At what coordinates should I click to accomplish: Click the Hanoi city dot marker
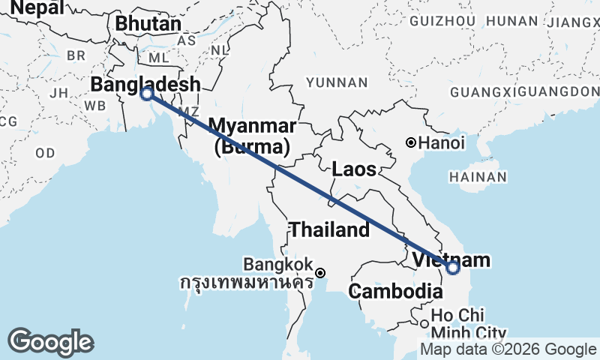point(410,142)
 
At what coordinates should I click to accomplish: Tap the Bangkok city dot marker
point(320,273)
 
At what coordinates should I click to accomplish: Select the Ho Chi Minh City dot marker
point(425,324)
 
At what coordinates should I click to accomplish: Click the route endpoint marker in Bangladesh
point(147,94)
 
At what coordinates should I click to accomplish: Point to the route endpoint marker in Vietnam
point(452,267)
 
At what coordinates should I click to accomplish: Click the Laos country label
point(354,169)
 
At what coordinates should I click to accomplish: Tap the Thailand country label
point(330,230)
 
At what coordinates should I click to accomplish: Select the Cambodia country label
point(397,291)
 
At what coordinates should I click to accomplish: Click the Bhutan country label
point(148,23)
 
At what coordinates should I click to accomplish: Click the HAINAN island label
point(478,177)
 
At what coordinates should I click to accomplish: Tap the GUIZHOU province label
point(443,20)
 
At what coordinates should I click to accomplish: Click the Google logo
point(49,342)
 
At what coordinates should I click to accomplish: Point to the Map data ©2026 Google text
point(508,349)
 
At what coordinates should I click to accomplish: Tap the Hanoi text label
point(442,142)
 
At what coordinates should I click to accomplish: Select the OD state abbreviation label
point(44,152)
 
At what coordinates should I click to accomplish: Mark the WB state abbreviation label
point(95,105)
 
